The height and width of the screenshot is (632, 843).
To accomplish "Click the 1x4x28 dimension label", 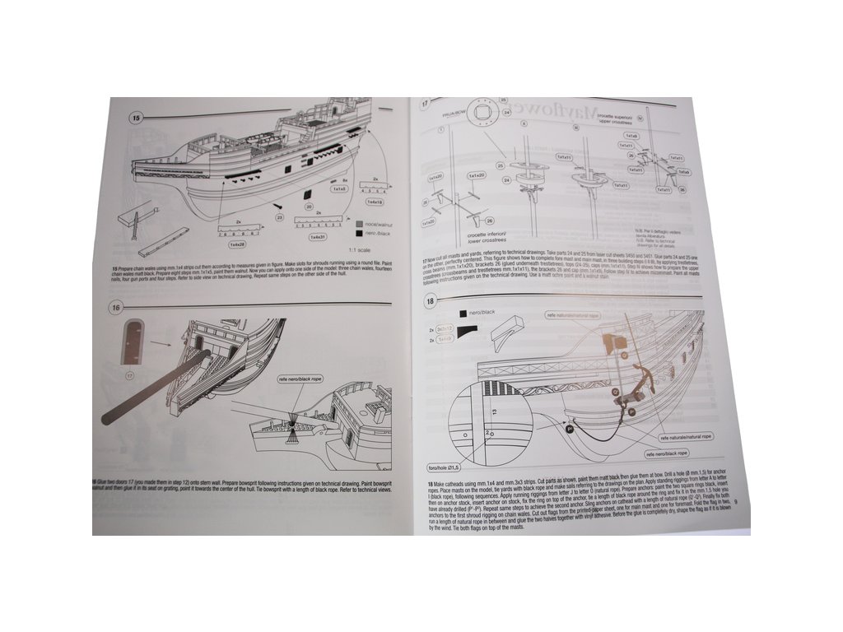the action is [236, 244].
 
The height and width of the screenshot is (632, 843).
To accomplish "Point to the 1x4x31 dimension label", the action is [318, 237].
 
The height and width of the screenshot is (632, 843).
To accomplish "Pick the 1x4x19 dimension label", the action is [375, 201].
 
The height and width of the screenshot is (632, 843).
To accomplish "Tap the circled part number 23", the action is [279, 217].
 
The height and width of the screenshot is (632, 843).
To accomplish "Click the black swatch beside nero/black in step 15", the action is [361, 234].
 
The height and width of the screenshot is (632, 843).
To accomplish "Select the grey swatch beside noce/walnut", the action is [360, 223].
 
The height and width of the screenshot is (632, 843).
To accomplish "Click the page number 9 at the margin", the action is [735, 500].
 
